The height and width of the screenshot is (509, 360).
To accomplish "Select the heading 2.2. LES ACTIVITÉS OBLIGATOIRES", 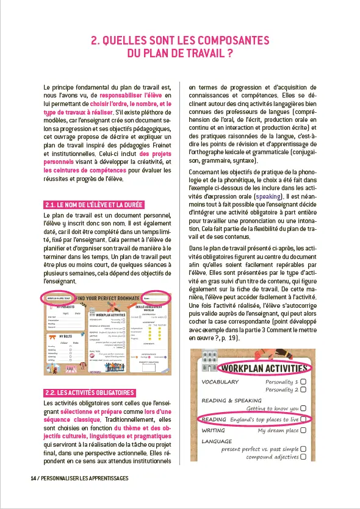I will point(89,376).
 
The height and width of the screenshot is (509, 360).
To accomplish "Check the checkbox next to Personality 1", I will point(303,382).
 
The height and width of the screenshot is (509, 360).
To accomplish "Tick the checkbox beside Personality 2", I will point(303,390).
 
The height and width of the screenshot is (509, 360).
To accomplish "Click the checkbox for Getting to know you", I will point(303,408).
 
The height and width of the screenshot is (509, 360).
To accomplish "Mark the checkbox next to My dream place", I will point(303,430).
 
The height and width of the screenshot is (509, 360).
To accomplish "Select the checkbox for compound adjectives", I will point(303,457).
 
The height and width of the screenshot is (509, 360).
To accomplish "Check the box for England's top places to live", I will point(303,419).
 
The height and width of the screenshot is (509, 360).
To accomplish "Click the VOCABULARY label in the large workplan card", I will point(219,382).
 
